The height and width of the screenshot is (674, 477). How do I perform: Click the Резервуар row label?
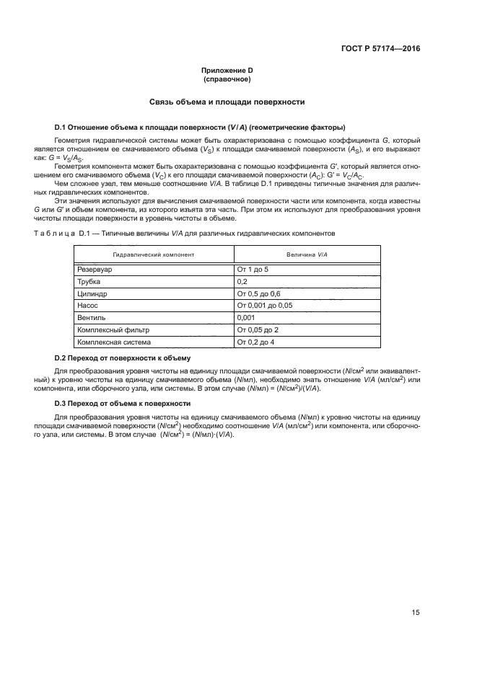tap(95, 269)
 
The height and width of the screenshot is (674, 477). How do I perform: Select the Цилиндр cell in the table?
tap(92, 294)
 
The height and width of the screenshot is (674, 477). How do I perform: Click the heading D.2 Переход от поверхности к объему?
tap(123, 358)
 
